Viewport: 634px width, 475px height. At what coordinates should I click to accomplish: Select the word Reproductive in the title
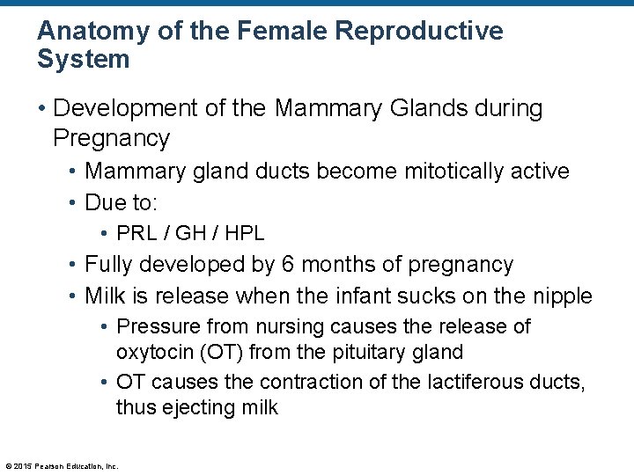420,31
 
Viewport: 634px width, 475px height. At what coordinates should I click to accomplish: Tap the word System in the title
84,60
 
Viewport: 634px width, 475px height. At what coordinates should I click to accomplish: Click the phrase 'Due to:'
121,202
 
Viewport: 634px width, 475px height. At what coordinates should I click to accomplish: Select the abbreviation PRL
136,233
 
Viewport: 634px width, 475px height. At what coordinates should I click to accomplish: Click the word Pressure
152,326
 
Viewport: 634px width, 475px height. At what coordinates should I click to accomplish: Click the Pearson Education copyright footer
62,465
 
